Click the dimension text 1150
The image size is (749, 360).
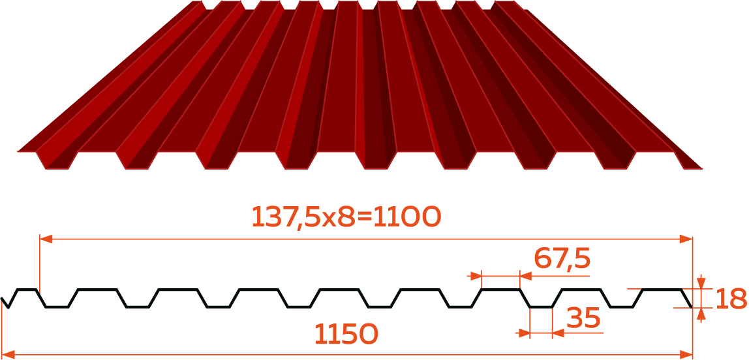346,334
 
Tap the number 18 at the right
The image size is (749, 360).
731,299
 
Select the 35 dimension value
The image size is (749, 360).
583,318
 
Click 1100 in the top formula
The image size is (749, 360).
406,217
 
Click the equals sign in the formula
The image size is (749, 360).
364,218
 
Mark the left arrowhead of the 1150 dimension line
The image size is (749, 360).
8,354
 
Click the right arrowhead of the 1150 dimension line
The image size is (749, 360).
686,354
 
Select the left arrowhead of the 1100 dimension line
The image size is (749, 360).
46,239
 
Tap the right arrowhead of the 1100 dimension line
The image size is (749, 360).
686,239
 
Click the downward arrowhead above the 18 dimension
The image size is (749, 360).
701,283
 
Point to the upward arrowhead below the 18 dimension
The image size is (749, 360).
701,314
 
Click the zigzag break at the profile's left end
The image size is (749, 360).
5,303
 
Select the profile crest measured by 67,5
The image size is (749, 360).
500,290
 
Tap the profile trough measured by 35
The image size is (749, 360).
542,307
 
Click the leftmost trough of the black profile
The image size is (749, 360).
57,307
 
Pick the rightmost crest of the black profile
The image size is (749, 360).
662,290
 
